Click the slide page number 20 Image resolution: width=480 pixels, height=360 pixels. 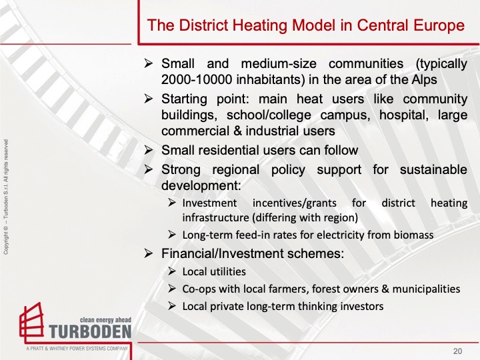(x=457, y=351)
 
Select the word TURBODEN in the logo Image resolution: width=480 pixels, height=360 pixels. (x=90, y=331)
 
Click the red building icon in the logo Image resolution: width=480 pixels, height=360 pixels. (x=31, y=323)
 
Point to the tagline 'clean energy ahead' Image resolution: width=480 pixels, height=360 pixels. (x=105, y=320)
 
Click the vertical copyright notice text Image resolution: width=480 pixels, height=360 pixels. (x=6, y=197)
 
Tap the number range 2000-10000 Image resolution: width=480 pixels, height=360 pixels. (x=197, y=79)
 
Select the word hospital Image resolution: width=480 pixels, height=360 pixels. (x=404, y=115)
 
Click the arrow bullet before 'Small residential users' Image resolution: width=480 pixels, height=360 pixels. (x=149, y=150)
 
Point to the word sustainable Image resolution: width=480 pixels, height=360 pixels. (x=433, y=169)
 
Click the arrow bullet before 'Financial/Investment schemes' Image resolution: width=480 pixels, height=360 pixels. (x=149, y=253)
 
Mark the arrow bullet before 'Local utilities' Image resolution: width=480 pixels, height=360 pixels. (x=172, y=271)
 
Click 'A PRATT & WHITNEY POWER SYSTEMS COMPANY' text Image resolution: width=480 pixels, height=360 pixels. (x=77, y=349)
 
